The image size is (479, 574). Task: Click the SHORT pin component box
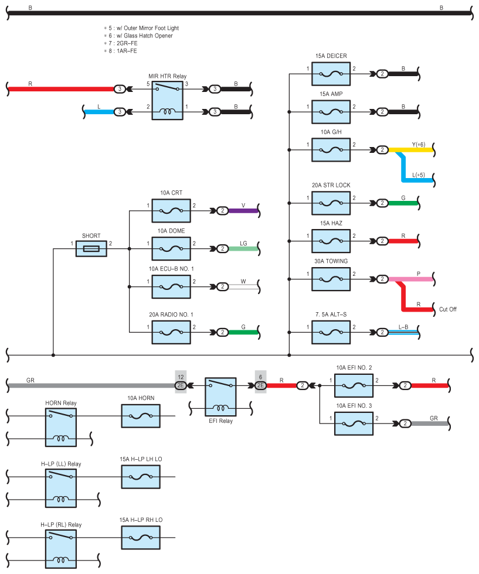[91, 248]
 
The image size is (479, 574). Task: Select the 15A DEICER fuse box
[331, 74]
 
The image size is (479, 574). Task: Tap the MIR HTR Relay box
[168, 100]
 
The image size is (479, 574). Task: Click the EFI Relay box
[220, 397]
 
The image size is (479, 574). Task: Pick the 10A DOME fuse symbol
[171, 248]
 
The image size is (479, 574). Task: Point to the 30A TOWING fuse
[331, 279]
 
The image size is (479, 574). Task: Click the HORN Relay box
[61, 427]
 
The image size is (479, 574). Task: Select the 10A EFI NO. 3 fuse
[354, 423]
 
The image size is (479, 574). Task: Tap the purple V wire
[243, 210]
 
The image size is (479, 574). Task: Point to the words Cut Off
[447, 309]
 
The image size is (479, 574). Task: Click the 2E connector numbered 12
[181, 385]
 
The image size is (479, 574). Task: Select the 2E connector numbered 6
[260, 385]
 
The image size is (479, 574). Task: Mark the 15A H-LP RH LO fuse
[141, 538]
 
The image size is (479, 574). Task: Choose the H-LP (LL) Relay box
[61, 488]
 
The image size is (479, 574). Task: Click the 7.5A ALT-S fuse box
[331, 332]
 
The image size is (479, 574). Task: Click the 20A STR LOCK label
[331, 185]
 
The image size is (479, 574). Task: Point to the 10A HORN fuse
[141, 416]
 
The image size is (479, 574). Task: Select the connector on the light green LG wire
[222, 248]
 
